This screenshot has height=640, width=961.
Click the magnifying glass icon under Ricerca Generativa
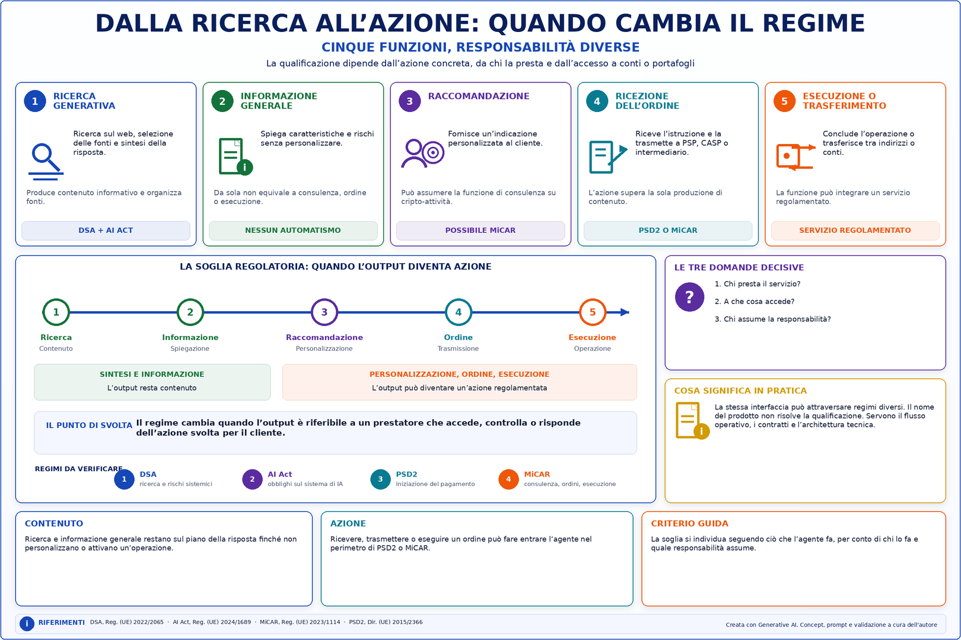click(x=46, y=161)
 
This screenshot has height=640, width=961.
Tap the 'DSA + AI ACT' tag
click(x=106, y=231)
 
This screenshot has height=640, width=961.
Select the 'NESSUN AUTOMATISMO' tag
click(x=293, y=231)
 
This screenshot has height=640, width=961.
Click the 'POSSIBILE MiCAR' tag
click(x=480, y=231)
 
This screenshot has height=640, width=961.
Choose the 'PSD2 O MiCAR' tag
click(x=668, y=231)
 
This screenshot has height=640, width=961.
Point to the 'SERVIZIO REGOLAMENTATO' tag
click(x=855, y=231)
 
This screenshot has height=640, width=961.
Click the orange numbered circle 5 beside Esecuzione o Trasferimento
click(x=785, y=101)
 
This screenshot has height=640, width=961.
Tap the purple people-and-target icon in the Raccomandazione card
click(x=422, y=153)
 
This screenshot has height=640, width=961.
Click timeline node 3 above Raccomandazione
click(x=324, y=312)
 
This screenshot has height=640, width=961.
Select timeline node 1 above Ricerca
click(x=56, y=312)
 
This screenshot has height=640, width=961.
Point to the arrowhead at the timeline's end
click(x=625, y=312)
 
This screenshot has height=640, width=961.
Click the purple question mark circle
click(x=689, y=297)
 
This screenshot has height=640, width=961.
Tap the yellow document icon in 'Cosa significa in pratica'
click(x=692, y=421)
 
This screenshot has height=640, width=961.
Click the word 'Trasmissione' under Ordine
click(x=458, y=348)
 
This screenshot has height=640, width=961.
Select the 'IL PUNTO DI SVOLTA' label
click(x=89, y=425)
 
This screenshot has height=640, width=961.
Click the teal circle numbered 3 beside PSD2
click(x=380, y=479)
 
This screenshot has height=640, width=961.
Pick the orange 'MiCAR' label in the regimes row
click(x=537, y=474)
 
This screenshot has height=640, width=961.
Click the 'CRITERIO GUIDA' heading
click(x=690, y=523)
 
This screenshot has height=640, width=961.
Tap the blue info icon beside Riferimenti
click(x=27, y=623)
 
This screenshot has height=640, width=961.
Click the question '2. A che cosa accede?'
click(x=755, y=302)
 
